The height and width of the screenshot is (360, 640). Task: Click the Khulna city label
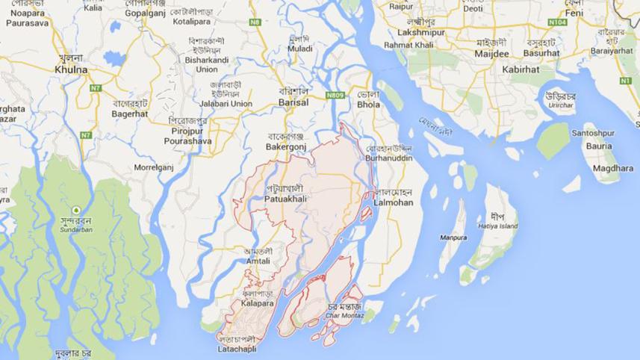click(x=71, y=69)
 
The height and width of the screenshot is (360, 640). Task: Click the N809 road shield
click(x=335, y=95)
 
